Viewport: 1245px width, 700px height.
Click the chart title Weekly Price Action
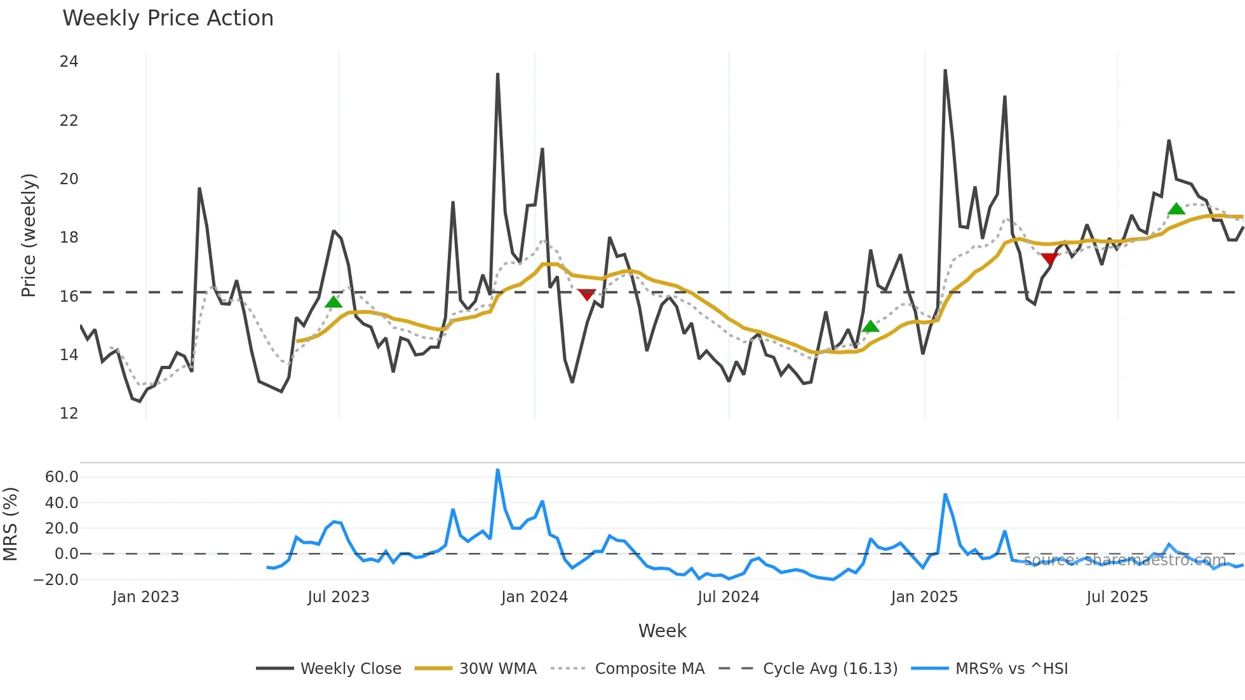(x=168, y=18)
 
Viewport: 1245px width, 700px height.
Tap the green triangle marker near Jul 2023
(x=333, y=302)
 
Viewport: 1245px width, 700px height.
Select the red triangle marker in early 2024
(x=586, y=294)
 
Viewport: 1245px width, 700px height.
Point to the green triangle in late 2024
(x=870, y=326)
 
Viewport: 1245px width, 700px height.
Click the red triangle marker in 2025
(x=1049, y=258)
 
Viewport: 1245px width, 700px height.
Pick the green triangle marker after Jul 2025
(x=1176, y=209)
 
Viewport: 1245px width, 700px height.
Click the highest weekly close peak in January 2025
(x=945, y=71)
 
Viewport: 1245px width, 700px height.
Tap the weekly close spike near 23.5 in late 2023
(x=497, y=74)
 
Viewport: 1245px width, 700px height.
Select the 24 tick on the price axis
(x=69, y=62)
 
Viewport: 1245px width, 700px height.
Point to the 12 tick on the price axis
(x=69, y=414)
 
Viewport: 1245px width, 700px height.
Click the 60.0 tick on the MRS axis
(x=62, y=477)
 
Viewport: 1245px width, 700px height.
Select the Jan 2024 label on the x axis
(x=534, y=597)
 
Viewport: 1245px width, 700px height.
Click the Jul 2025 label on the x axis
(x=1117, y=597)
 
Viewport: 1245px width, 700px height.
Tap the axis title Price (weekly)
(x=29, y=235)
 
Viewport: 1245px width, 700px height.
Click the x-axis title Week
(x=662, y=631)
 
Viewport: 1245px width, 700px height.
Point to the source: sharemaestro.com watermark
(x=1124, y=560)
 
